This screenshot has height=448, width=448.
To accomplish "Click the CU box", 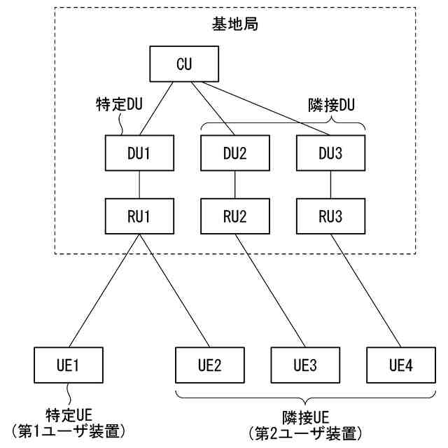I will (184, 64).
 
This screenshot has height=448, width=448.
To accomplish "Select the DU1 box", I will (139, 153).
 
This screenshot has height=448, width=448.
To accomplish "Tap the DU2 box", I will (234, 153).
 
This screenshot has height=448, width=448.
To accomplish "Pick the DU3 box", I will (330, 153).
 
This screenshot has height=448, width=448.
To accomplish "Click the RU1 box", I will (139, 216).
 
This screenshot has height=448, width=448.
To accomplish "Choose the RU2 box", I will (234, 216).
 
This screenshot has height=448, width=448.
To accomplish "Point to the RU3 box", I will (330, 216).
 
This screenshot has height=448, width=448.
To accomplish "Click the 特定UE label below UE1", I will (68, 414).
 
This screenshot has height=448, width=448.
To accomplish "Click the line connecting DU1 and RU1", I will (139, 185).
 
